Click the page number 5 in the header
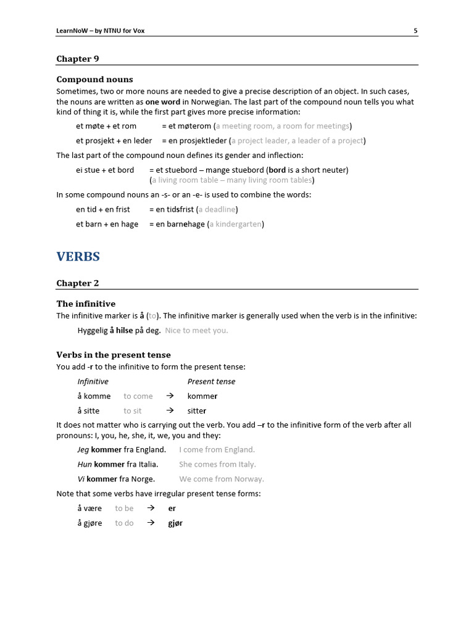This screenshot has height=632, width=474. tap(415, 30)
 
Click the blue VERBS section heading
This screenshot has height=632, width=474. tap(78, 256)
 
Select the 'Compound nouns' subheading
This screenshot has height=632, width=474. tap(94, 80)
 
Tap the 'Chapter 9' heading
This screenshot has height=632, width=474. tap(78, 59)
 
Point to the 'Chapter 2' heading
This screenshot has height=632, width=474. tap(78, 283)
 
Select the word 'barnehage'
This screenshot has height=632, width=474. tap(186, 224)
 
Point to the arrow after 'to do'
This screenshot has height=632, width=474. tap(151, 523)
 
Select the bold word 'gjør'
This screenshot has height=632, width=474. tap(175, 523)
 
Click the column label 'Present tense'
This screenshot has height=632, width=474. tap(211, 381)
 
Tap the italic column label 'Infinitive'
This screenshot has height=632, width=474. tap(93, 381)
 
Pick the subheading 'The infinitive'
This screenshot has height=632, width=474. tap(86, 304)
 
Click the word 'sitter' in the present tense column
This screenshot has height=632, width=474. tap(197, 411)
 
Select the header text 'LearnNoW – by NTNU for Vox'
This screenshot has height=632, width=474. tap(101, 30)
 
